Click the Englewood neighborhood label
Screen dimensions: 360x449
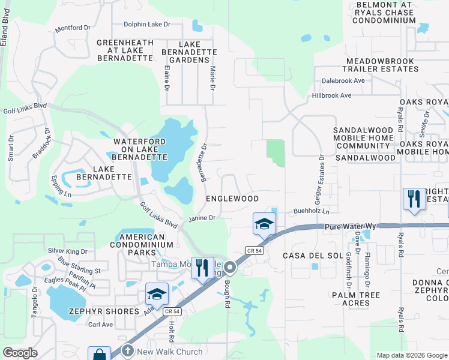pyautogui.click(x=232, y=199)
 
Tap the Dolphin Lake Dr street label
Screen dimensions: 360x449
pyautogui.click(x=147, y=25)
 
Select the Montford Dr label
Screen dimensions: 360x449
pyautogui.click(x=72, y=28)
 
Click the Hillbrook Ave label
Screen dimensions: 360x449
pyautogui.click(x=331, y=95)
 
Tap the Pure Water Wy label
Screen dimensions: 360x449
pyautogui.click(x=350, y=226)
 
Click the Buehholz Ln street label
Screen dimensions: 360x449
pyautogui.click(x=312, y=211)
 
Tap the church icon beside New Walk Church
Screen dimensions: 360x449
pyautogui.click(x=127, y=350)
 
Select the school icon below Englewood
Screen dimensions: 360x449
pyautogui.click(x=264, y=224)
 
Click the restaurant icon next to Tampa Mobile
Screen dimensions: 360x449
pyautogui.click(x=202, y=267)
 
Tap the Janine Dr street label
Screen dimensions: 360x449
pyautogui.click(x=202, y=218)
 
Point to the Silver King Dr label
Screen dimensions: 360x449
pyautogui.click(x=67, y=251)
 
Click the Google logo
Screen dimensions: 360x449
pyautogui.click(x=20, y=353)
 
